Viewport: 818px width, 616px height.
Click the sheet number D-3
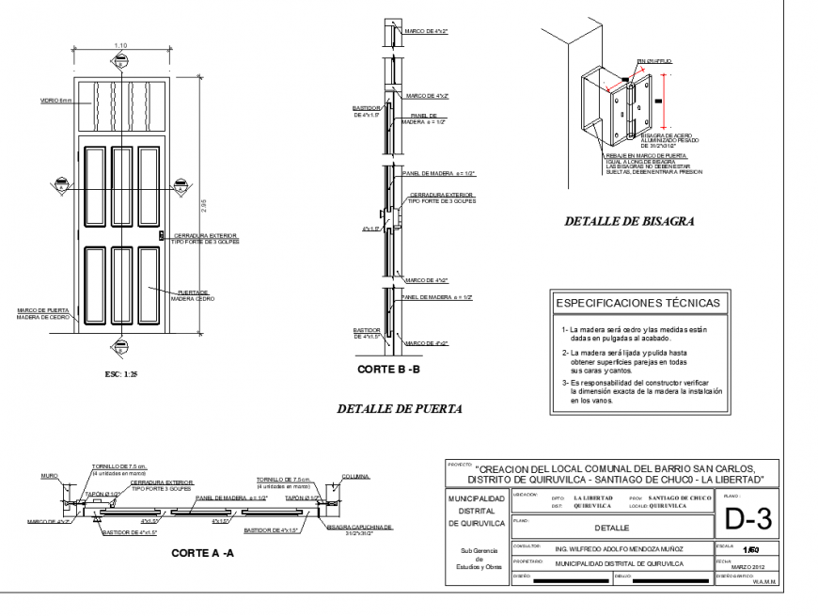click(748, 516)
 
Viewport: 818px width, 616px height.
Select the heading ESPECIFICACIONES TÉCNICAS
click(638, 303)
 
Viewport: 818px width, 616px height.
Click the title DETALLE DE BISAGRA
click(629, 223)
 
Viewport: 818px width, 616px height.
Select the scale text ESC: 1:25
click(121, 373)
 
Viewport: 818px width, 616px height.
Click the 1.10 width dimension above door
click(120, 46)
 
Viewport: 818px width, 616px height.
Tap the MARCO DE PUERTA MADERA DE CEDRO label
click(44, 313)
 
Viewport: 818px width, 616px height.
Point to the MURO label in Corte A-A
click(49, 476)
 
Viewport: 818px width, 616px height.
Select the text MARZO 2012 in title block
click(749, 566)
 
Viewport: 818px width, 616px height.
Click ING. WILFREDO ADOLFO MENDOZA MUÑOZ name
click(619, 547)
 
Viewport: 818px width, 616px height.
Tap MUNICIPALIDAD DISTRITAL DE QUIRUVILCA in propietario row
click(619, 564)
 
